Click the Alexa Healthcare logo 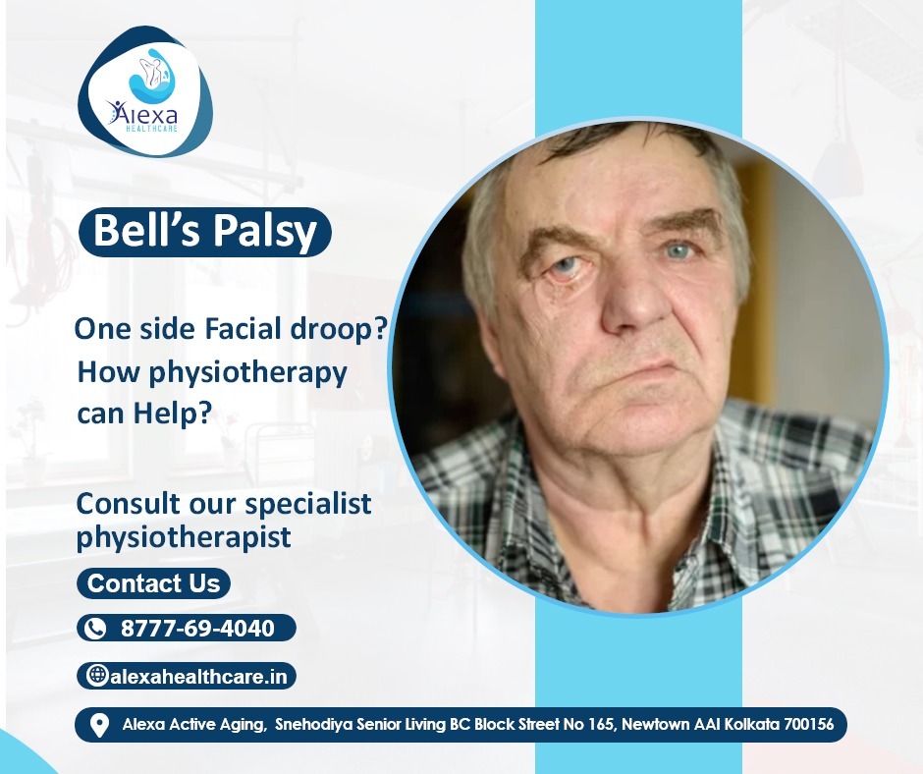tap(145, 92)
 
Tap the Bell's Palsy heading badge tap(205, 232)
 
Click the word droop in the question tap(332, 328)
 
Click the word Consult tap(129, 504)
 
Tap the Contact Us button tap(153, 583)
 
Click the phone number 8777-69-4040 tap(197, 628)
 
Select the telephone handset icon tap(95, 629)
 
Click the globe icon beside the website tap(97, 675)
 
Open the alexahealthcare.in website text tap(198, 677)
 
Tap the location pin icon tap(99, 725)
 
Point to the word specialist tap(308, 505)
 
